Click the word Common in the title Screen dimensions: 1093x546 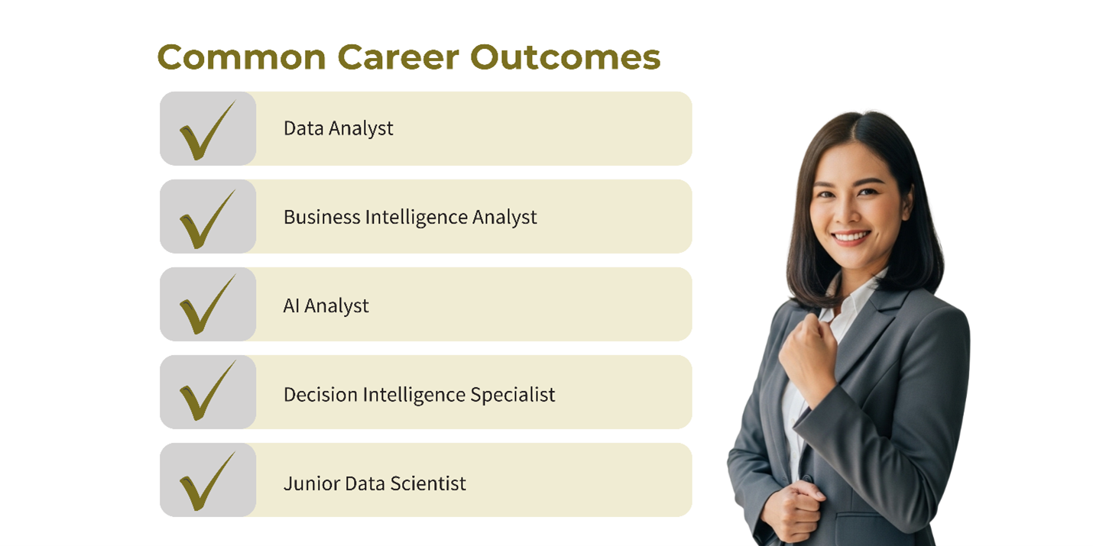(x=242, y=57)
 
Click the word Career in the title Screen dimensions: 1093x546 (x=398, y=57)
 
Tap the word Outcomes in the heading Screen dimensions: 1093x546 (x=565, y=57)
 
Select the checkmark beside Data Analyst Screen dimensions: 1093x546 (x=207, y=131)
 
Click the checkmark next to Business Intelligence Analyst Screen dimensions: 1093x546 (x=207, y=219)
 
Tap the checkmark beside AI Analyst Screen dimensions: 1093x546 (x=207, y=305)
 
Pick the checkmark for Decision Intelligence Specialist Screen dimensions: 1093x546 (x=207, y=391)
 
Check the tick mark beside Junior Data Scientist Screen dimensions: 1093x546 (x=207, y=482)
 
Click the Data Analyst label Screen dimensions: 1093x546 (x=338, y=129)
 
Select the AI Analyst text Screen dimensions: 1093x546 (x=326, y=306)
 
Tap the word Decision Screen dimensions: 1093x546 (x=320, y=394)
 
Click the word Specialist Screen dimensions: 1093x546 (x=512, y=395)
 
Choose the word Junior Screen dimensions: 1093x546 (x=312, y=483)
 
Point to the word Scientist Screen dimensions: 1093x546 (x=428, y=483)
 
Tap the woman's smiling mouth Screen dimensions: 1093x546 (x=851, y=237)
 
